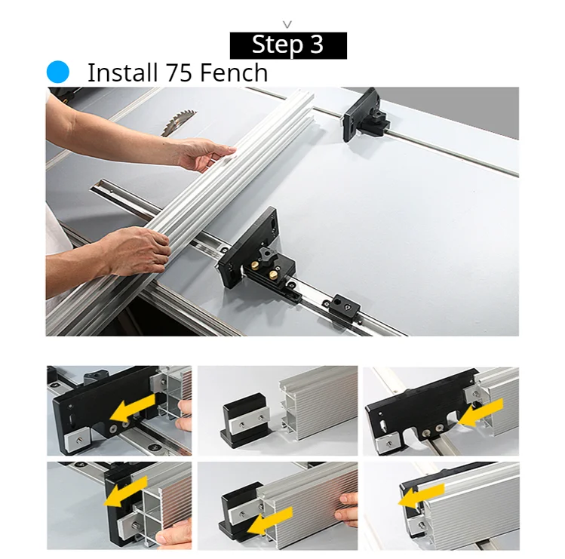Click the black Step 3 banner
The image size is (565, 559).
(x=288, y=45)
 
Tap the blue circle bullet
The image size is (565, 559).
(x=57, y=72)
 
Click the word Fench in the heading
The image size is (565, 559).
(x=234, y=73)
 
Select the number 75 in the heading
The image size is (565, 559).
(x=179, y=73)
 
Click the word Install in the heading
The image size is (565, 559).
(x=122, y=73)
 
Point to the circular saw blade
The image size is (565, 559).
(x=178, y=123)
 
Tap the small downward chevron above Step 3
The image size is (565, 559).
(x=287, y=24)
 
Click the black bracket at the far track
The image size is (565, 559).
(x=364, y=115)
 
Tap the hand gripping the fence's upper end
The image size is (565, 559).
(x=204, y=155)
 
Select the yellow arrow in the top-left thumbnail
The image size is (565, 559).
(x=132, y=407)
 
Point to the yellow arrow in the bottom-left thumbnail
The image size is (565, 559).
(x=125, y=492)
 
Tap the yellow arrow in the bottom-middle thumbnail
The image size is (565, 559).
(x=270, y=521)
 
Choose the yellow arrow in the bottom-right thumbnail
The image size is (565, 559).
(x=421, y=495)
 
